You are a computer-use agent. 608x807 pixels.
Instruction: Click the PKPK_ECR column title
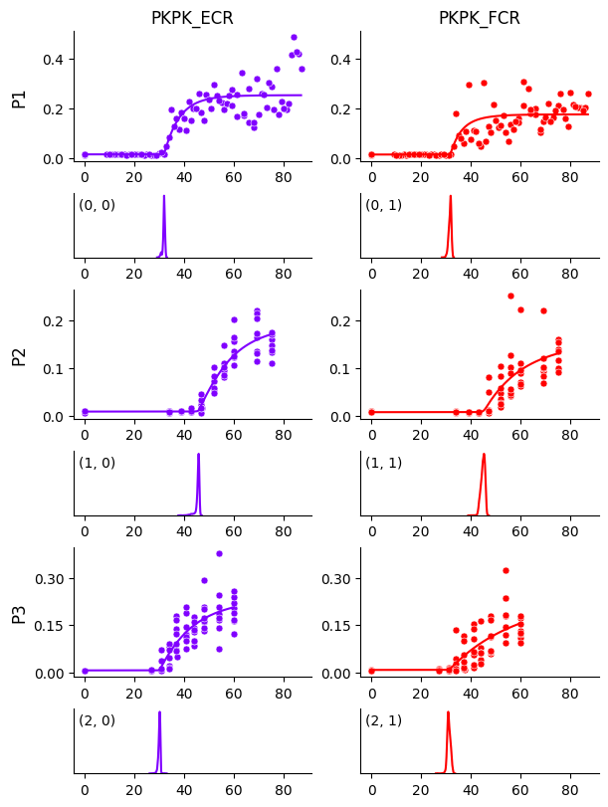click(x=192, y=18)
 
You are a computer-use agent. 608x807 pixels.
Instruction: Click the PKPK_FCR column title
click(x=480, y=18)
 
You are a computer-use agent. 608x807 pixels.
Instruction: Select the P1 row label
click(x=19, y=97)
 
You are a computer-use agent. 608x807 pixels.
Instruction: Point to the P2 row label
click(x=19, y=354)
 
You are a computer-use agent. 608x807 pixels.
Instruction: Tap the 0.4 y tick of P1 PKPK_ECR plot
click(x=54, y=60)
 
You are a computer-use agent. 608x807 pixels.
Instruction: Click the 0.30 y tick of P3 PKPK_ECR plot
click(x=50, y=579)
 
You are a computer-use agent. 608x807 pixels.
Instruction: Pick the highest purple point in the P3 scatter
click(x=219, y=553)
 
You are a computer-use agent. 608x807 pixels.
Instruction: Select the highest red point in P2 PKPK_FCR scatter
click(x=510, y=296)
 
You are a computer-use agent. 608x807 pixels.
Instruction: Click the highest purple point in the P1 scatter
click(x=294, y=38)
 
